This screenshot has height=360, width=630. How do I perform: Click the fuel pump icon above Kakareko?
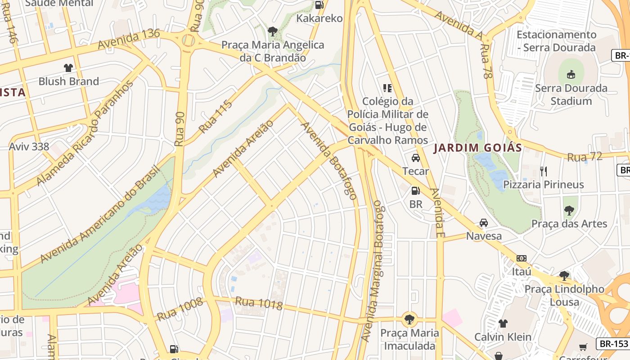click(x=319, y=5)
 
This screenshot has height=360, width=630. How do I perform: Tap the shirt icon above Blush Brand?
click(x=68, y=68)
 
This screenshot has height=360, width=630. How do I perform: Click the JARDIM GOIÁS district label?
click(x=477, y=148)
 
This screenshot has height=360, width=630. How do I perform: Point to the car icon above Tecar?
click(x=416, y=158)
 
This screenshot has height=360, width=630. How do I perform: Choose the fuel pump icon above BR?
click(x=415, y=191)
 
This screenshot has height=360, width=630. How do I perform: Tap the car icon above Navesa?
click(x=484, y=223)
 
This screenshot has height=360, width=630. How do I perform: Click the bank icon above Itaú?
click(x=522, y=258)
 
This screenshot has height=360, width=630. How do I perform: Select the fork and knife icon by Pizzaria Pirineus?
click(x=544, y=171)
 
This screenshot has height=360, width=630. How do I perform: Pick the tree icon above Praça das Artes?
click(x=569, y=210)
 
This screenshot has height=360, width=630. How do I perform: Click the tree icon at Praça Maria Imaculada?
click(x=409, y=319)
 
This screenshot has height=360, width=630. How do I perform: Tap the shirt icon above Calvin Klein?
click(x=503, y=323)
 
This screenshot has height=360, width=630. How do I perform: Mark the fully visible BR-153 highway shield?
click(x=612, y=344)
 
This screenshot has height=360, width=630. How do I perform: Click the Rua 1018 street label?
click(x=259, y=304)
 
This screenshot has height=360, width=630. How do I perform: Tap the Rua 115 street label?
click(x=216, y=117)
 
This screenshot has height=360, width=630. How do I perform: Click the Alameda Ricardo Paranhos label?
click(x=85, y=133)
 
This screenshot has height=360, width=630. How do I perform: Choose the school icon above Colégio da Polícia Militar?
click(x=387, y=88)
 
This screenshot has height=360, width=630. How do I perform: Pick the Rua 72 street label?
click(x=585, y=157)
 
